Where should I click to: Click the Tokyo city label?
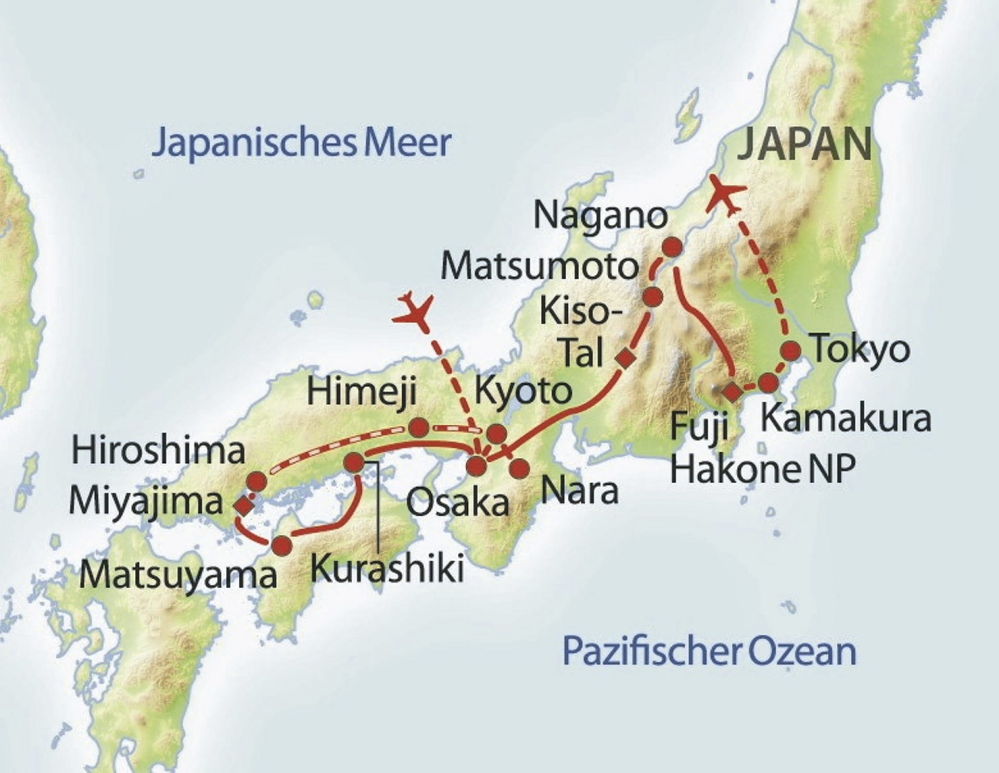861,350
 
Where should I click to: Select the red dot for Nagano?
672,246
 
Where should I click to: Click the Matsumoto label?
540,266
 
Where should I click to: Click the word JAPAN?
804,145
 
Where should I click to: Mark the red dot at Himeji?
419,428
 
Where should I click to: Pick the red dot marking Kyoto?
497,433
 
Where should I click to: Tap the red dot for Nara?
519,468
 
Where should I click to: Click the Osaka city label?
458,503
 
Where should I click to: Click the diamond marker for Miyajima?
244,504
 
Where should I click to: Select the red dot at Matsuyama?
282,546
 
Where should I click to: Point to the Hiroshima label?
158,451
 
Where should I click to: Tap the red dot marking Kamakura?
769,383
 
